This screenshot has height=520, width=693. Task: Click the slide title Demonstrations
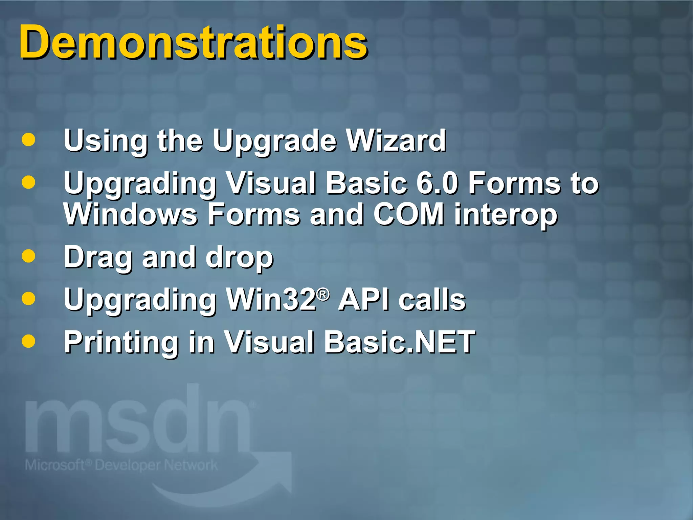tap(193, 42)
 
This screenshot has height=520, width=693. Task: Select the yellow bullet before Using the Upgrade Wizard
tap(28, 140)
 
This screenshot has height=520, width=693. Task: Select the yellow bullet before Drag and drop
tap(28, 256)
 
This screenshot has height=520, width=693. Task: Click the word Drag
tap(98, 257)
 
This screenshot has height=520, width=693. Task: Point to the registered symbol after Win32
tap(323, 294)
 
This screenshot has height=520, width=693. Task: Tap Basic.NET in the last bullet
tap(399, 342)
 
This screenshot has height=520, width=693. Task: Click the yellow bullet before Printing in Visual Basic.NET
tap(28, 341)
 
